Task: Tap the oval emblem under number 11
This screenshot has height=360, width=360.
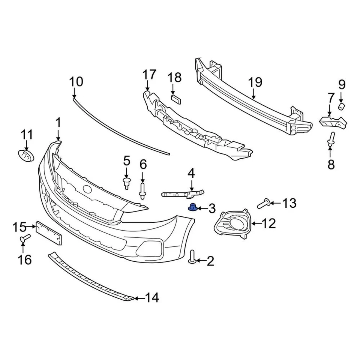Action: pos(26,155)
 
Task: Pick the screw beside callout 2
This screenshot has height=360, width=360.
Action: pos(193,257)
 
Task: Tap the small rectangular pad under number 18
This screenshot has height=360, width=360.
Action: pos(176,99)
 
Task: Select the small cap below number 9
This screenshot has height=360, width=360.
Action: pos(341,106)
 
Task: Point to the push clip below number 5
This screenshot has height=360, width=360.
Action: pos(126,183)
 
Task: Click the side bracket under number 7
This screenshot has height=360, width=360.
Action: pos(333,121)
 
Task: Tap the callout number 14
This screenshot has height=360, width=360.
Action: pos(151,298)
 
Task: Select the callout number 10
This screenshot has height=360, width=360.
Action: pos(76,81)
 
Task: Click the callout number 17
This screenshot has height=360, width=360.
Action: pos(148,75)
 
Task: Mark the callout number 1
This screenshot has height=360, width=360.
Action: pos(58,123)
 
